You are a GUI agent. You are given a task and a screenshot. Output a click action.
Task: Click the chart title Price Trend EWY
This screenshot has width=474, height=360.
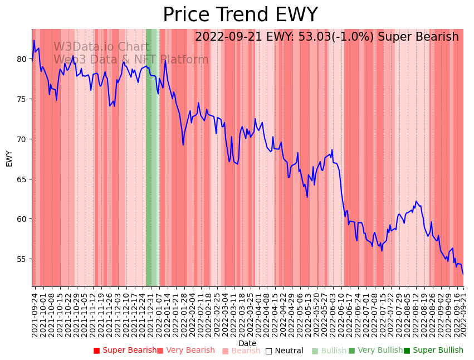240,14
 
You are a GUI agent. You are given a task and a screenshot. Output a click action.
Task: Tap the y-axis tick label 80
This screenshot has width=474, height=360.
22,59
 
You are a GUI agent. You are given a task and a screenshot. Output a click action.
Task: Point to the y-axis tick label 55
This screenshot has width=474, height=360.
22,259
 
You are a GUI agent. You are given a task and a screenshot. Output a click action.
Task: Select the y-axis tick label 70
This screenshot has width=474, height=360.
22,139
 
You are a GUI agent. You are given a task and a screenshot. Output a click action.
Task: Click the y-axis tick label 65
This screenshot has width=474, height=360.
22,179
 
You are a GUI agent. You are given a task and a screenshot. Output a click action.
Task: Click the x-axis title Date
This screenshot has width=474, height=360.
247,343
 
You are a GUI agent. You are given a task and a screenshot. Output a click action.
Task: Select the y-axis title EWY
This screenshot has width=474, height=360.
9,158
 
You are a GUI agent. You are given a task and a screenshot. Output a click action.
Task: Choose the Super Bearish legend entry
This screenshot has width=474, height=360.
125,351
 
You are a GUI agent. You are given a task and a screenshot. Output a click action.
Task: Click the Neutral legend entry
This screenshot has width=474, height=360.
285,351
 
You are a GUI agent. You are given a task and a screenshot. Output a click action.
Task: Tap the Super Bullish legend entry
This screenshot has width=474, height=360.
434,351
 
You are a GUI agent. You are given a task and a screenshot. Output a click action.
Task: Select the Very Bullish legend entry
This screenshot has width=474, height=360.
376,351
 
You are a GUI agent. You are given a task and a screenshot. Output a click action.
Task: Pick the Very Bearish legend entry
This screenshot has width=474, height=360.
186,351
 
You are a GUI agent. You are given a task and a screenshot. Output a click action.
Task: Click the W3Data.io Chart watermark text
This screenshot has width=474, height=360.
101,47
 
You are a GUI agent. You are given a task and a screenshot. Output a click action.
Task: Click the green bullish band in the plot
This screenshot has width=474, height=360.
152,167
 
